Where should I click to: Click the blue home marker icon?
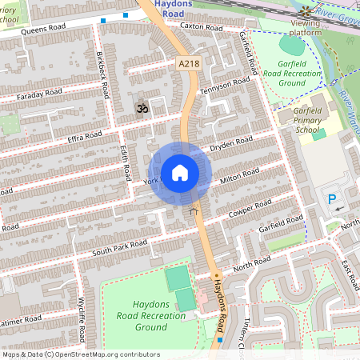[180, 173]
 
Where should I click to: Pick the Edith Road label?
[125, 162]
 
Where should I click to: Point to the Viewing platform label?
[306, 28]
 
